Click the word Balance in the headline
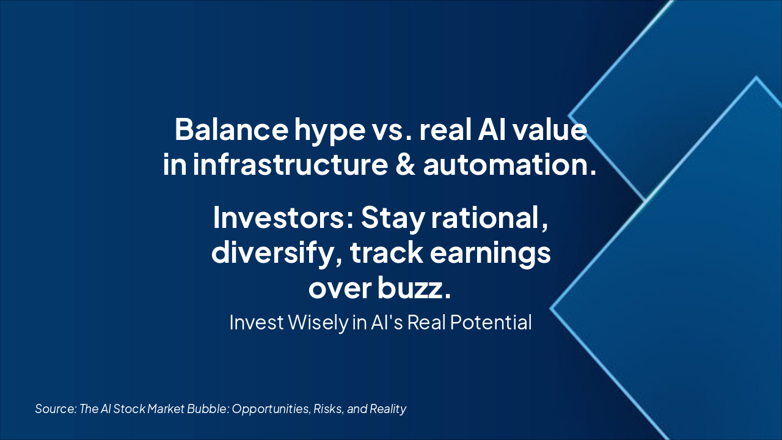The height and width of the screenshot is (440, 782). click(x=232, y=129)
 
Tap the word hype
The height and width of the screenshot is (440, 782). click(x=330, y=132)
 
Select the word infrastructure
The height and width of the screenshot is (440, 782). click(x=290, y=164)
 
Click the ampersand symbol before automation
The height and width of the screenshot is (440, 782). click(x=406, y=164)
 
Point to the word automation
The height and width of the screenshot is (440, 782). click(x=510, y=164)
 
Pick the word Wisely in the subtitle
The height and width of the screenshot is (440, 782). click(x=318, y=322)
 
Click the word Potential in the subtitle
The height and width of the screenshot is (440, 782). click(x=491, y=322)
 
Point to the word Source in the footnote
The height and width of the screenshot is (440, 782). click(x=56, y=409)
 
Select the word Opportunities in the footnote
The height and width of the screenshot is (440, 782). click(x=271, y=409)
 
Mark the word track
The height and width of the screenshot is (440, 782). click(x=387, y=252)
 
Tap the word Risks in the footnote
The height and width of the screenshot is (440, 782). click(x=328, y=409)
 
